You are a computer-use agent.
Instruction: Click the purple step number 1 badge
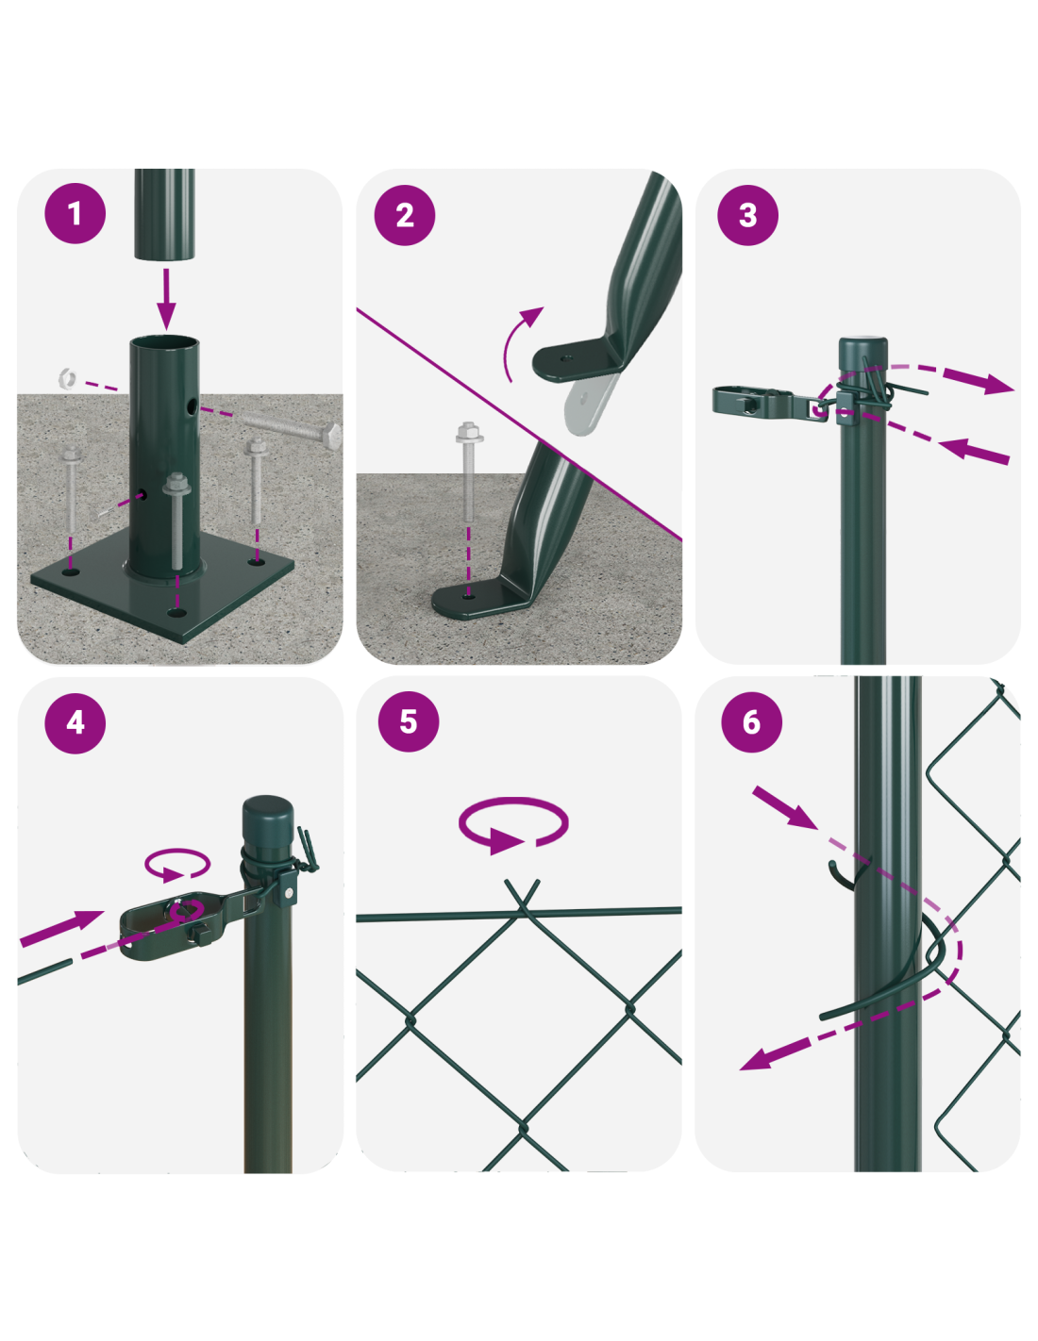(x=75, y=213)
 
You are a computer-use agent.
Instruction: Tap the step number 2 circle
(x=405, y=215)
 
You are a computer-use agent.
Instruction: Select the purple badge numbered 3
(x=747, y=215)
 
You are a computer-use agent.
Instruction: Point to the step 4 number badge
(x=75, y=722)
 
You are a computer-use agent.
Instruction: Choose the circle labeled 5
(x=409, y=720)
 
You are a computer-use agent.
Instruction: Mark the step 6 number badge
(x=751, y=722)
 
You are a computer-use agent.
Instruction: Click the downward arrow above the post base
(x=165, y=299)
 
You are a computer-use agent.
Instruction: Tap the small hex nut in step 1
(x=67, y=377)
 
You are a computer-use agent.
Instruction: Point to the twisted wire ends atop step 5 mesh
(x=523, y=896)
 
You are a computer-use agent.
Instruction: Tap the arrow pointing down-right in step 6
(x=784, y=807)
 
